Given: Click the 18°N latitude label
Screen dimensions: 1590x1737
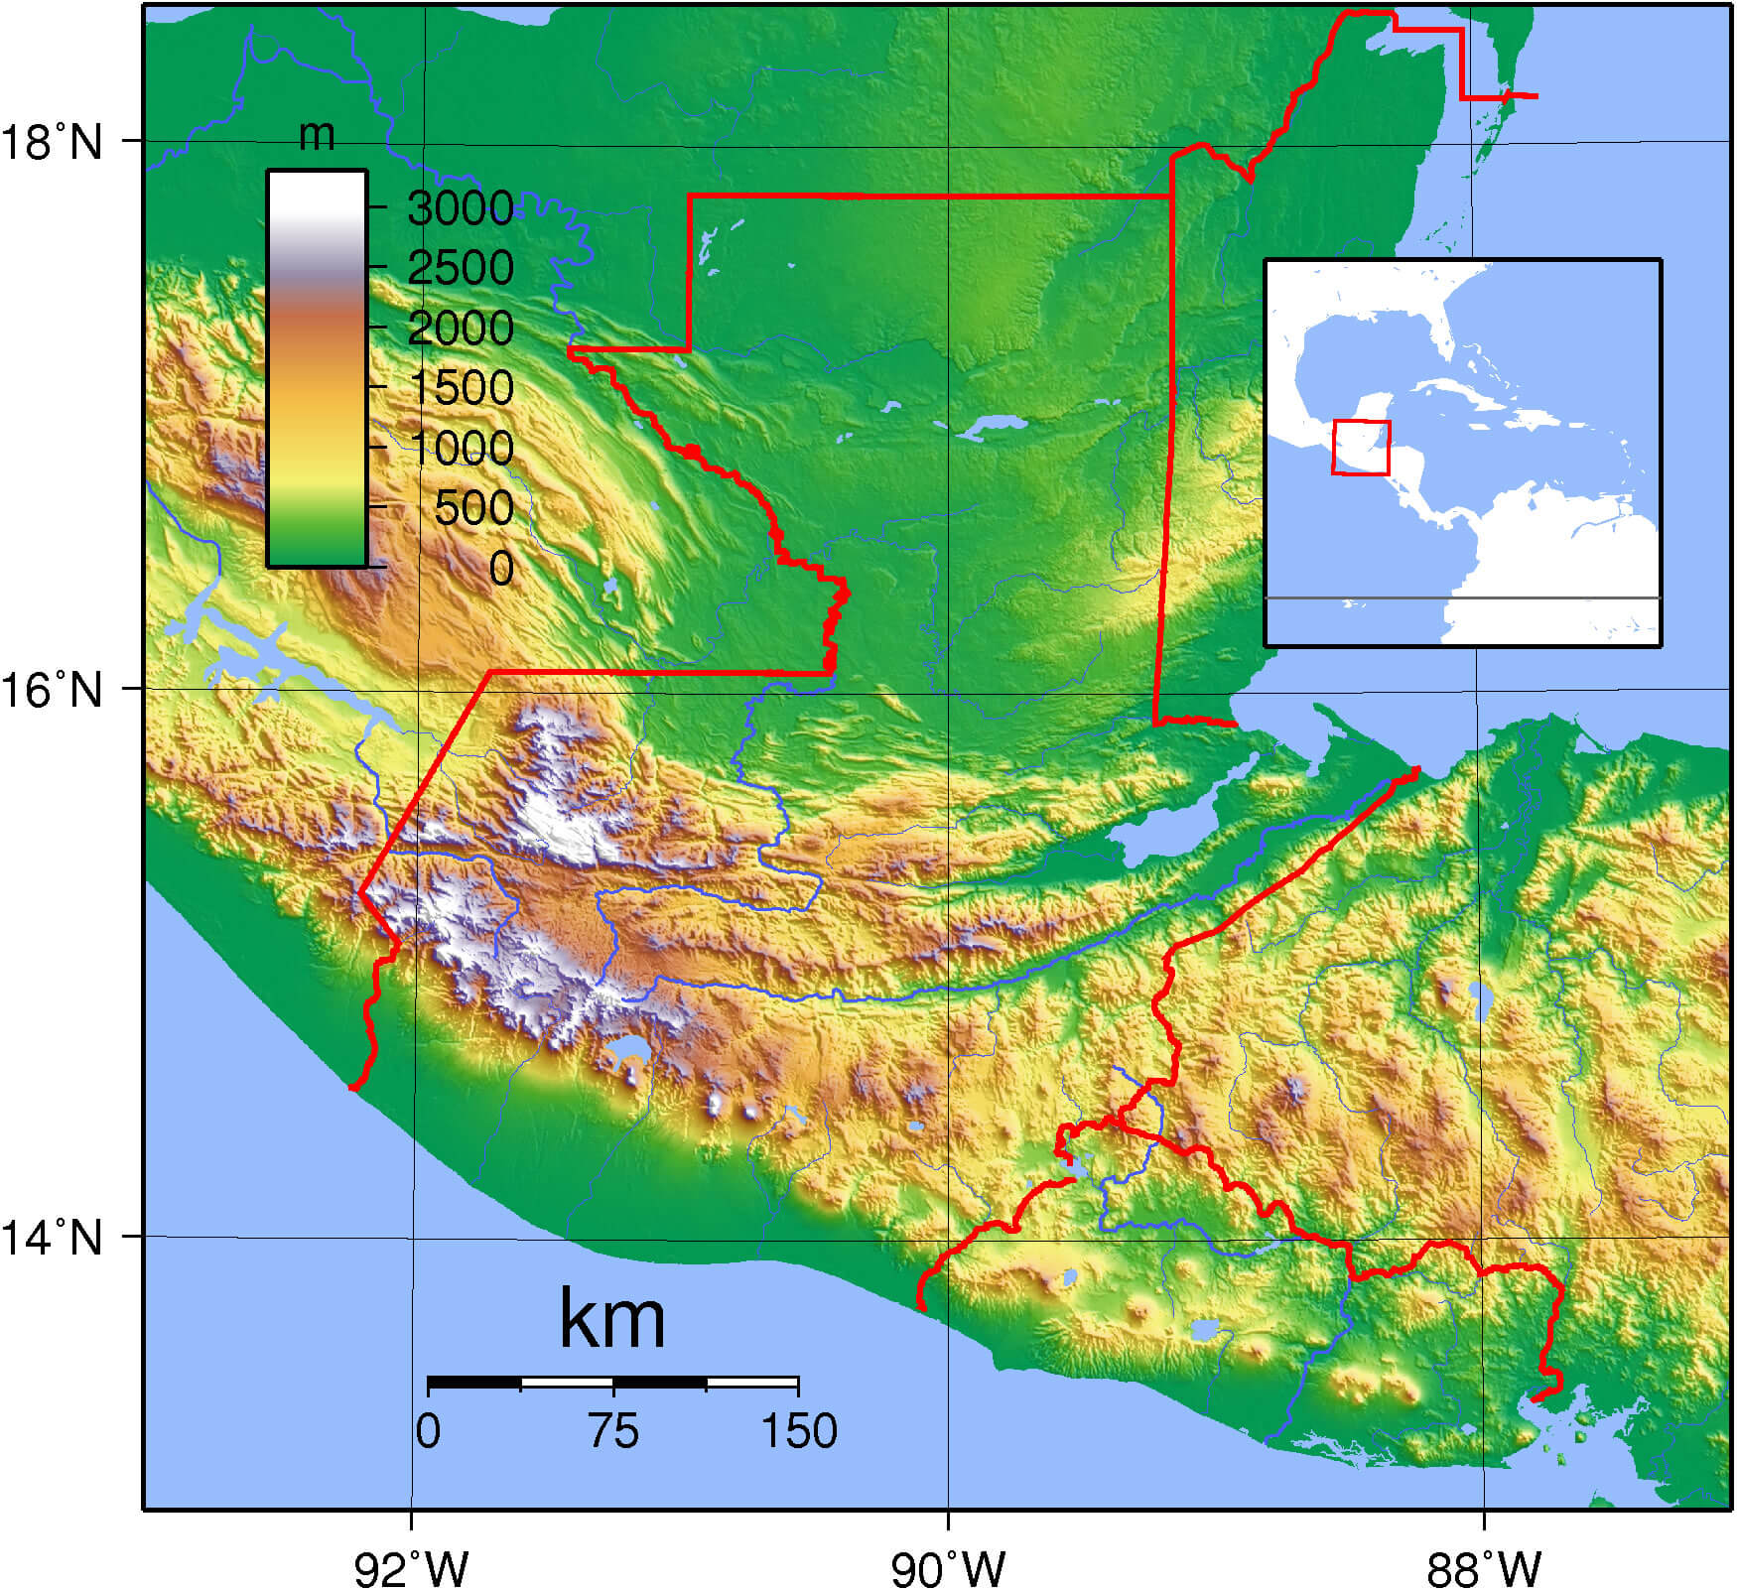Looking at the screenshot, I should pyautogui.click(x=52, y=142).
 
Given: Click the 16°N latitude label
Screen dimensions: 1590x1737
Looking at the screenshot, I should pyautogui.click(x=52, y=690).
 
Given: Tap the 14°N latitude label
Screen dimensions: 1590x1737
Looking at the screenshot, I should pyautogui.click(x=52, y=1238).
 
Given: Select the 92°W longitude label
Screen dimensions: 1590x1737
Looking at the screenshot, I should pyautogui.click(x=411, y=1568).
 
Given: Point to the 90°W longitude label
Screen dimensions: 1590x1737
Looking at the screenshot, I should pyautogui.click(x=948, y=1568).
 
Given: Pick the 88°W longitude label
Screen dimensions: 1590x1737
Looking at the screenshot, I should pyautogui.click(x=1484, y=1568).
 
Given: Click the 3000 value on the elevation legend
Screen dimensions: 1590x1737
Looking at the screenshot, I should pyautogui.click(x=460, y=208).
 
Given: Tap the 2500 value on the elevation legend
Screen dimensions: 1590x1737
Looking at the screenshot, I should pyautogui.click(x=460, y=268).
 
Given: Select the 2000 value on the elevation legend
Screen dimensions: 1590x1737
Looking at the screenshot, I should pyautogui.click(x=460, y=329).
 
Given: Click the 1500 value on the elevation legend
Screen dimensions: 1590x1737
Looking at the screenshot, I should pyautogui.click(x=460, y=388).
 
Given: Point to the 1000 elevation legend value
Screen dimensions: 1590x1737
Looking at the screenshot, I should pyautogui.click(x=460, y=449).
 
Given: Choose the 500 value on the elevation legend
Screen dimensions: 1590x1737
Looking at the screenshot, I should pyautogui.click(x=473, y=508).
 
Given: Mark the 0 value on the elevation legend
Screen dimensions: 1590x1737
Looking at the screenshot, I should pyautogui.click(x=501, y=569).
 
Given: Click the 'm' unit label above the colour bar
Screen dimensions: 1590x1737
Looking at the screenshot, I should pyautogui.click(x=317, y=135).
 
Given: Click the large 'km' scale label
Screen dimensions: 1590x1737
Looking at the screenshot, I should pyautogui.click(x=611, y=1318).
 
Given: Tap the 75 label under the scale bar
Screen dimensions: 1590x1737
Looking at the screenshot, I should pyautogui.click(x=612, y=1431).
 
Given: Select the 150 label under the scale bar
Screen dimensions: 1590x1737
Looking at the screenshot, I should pyautogui.click(x=799, y=1431).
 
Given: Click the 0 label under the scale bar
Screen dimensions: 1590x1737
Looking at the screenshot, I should pyautogui.click(x=428, y=1431).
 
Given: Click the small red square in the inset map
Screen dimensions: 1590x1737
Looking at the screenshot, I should pyautogui.click(x=1361, y=448).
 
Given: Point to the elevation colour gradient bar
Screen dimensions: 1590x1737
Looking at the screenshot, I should pyautogui.click(x=317, y=368).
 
